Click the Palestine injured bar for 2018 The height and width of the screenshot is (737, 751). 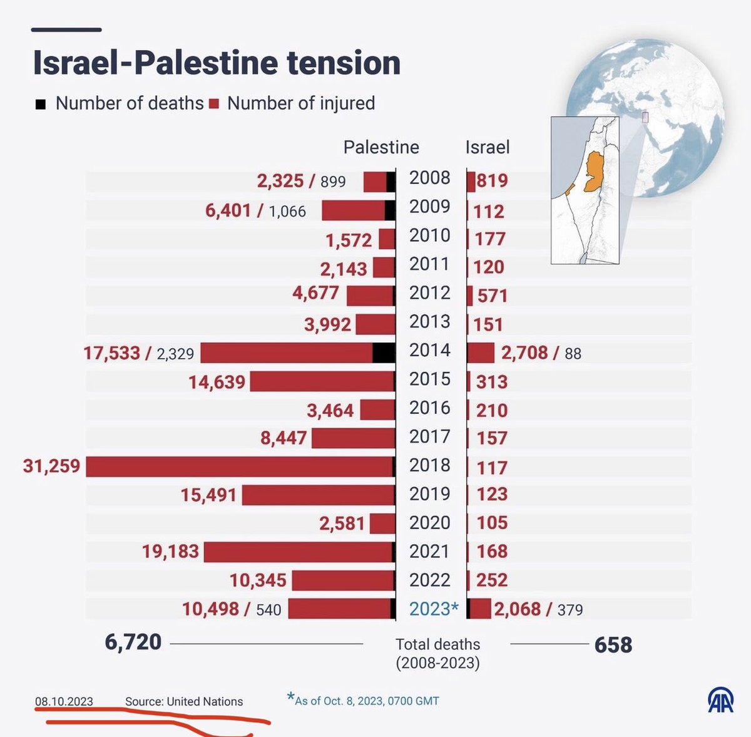(239, 466)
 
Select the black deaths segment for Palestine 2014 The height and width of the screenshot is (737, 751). (384, 353)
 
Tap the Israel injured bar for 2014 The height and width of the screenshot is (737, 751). (481, 353)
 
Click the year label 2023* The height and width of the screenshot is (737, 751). (434, 608)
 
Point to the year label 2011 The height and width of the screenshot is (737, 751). (429, 264)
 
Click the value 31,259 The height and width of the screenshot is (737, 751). (51, 466)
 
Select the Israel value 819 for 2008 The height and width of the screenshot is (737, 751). (493, 180)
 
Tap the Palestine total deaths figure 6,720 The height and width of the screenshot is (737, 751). (133, 642)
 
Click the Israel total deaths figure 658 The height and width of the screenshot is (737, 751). (613, 645)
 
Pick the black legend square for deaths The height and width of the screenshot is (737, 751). (41, 104)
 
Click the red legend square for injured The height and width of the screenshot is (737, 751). (214, 104)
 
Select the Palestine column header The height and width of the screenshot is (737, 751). (381, 147)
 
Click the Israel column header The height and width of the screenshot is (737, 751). (488, 147)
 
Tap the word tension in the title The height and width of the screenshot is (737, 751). (344, 63)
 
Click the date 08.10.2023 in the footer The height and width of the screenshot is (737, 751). (64, 701)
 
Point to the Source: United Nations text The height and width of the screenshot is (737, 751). (184, 701)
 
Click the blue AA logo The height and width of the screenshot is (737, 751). (720, 700)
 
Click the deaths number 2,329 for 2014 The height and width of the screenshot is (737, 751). (175, 354)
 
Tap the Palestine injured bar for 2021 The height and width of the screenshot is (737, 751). (298, 552)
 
